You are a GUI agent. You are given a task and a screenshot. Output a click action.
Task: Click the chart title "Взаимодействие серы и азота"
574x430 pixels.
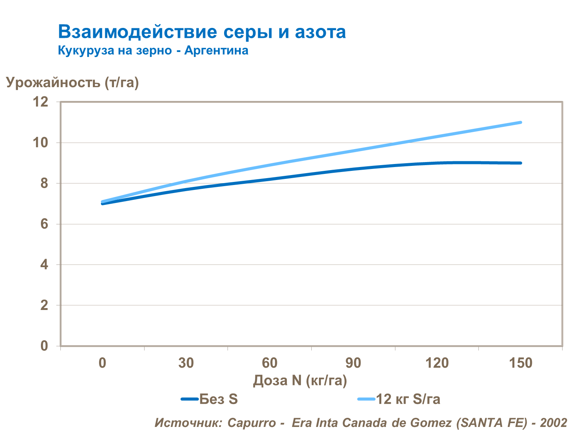[x=202, y=32]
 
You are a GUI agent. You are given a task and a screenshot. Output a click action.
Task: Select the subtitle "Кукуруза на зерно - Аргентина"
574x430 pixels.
[x=153, y=50]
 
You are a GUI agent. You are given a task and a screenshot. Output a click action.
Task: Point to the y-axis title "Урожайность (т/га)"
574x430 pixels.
[x=72, y=83]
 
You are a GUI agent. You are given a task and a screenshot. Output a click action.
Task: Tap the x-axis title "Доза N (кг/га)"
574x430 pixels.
[x=300, y=380]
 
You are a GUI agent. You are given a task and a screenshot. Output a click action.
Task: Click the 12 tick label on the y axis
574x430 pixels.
[x=41, y=102]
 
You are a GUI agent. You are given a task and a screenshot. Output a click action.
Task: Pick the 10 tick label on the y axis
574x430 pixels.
[x=41, y=143]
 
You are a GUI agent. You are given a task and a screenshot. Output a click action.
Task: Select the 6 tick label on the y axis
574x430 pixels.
[x=44, y=224]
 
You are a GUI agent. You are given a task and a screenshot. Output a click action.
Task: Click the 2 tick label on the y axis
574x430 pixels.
[x=44, y=305]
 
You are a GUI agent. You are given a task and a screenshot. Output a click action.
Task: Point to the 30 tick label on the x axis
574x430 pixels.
[x=186, y=363]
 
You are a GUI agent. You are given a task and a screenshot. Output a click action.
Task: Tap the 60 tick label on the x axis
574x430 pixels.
[x=270, y=363]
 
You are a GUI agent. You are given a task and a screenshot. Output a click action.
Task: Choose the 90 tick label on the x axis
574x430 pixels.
[x=353, y=363]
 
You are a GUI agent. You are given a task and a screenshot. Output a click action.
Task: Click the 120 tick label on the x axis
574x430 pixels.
[x=437, y=363]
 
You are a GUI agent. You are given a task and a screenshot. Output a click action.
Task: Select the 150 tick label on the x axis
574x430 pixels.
[x=520, y=363]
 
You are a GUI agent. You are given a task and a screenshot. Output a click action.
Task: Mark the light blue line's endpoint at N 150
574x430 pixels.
[x=520, y=122]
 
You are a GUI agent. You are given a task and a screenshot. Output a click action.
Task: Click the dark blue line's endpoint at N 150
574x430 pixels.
[x=520, y=163]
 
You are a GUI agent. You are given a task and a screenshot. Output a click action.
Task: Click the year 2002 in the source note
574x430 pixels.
[x=553, y=423]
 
